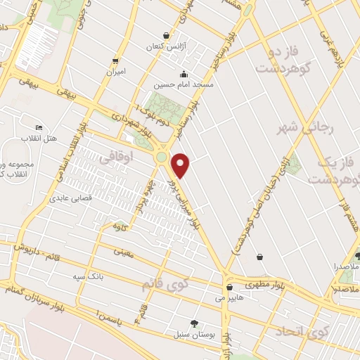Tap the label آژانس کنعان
coord(164,46)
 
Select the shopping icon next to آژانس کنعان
coord(166,35)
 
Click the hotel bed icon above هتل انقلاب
coord(38,127)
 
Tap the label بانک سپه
coord(89,276)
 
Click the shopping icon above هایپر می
coord(229,288)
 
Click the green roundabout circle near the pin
coord(162,157)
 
